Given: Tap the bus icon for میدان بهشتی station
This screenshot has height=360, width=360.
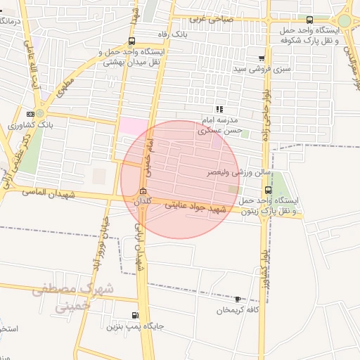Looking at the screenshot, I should tap(132, 41).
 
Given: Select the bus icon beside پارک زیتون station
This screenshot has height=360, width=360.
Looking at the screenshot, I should tap(268, 190).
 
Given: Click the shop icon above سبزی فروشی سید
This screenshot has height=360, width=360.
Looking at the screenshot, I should tap(262, 58).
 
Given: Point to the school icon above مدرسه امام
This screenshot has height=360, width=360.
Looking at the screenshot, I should tap(219, 109).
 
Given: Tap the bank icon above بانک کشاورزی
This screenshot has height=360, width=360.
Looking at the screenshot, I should tap(30, 114).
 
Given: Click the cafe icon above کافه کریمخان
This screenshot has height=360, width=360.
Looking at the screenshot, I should tap(237, 300).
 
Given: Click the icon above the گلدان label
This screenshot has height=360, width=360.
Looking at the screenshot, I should tap(143, 191).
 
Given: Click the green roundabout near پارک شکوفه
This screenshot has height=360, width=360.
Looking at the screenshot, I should tap(344, 20).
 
